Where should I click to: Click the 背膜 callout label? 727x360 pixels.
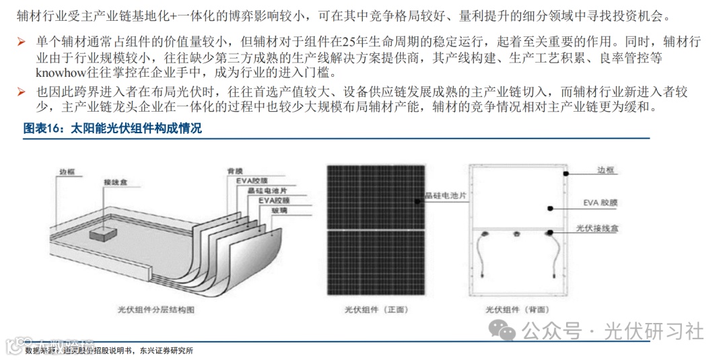click(x=235, y=171)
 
